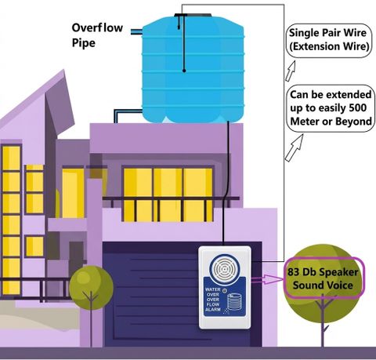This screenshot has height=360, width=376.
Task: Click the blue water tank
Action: [193, 69]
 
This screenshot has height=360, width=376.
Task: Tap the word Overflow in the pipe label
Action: [97, 27]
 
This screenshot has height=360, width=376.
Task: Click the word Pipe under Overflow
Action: [84, 43]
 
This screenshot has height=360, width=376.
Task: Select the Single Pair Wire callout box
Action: [329, 41]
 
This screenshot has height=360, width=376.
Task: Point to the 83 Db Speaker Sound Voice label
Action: [324, 278]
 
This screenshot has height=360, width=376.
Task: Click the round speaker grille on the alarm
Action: [224, 268]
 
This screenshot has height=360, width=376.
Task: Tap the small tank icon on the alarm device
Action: [234, 303]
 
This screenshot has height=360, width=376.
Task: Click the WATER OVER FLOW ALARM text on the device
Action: [213, 300]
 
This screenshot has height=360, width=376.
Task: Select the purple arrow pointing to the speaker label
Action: [267, 279]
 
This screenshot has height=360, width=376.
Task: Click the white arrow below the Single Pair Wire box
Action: [291, 71]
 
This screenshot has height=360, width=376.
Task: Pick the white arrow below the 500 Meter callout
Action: [295, 147]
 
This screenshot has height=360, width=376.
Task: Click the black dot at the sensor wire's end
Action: [184, 71]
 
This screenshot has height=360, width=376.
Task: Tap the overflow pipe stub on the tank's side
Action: [136, 32]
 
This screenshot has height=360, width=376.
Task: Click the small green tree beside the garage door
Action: [91, 288]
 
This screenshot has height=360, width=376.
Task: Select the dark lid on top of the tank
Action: [193, 15]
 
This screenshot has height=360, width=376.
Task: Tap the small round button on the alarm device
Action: [225, 290]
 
